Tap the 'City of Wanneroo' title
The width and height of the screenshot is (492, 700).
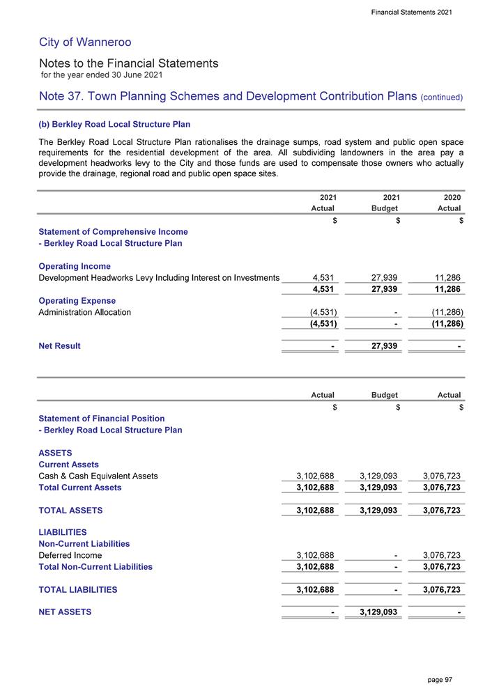(77, 42)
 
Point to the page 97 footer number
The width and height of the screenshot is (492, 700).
(440, 679)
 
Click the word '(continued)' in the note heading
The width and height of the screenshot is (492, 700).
(443, 97)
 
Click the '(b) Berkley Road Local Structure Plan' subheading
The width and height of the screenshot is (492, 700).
(114, 125)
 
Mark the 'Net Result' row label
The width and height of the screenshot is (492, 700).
(59, 345)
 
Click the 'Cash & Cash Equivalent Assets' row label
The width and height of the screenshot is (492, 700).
(98, 476)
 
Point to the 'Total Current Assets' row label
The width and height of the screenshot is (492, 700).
(79, 488)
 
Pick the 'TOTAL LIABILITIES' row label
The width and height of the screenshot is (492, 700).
(77, 589)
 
